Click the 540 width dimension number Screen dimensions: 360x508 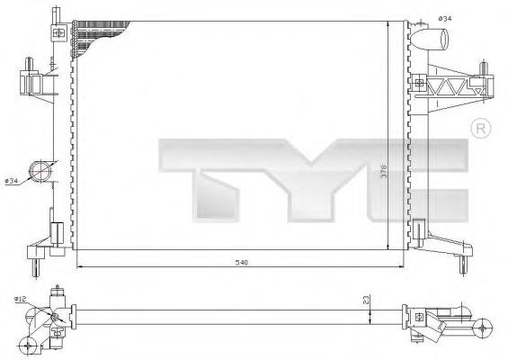point(242,262)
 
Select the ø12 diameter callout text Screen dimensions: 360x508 point(22,298)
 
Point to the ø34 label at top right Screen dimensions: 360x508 point(445,20)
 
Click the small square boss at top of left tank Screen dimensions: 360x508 point(59,32)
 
